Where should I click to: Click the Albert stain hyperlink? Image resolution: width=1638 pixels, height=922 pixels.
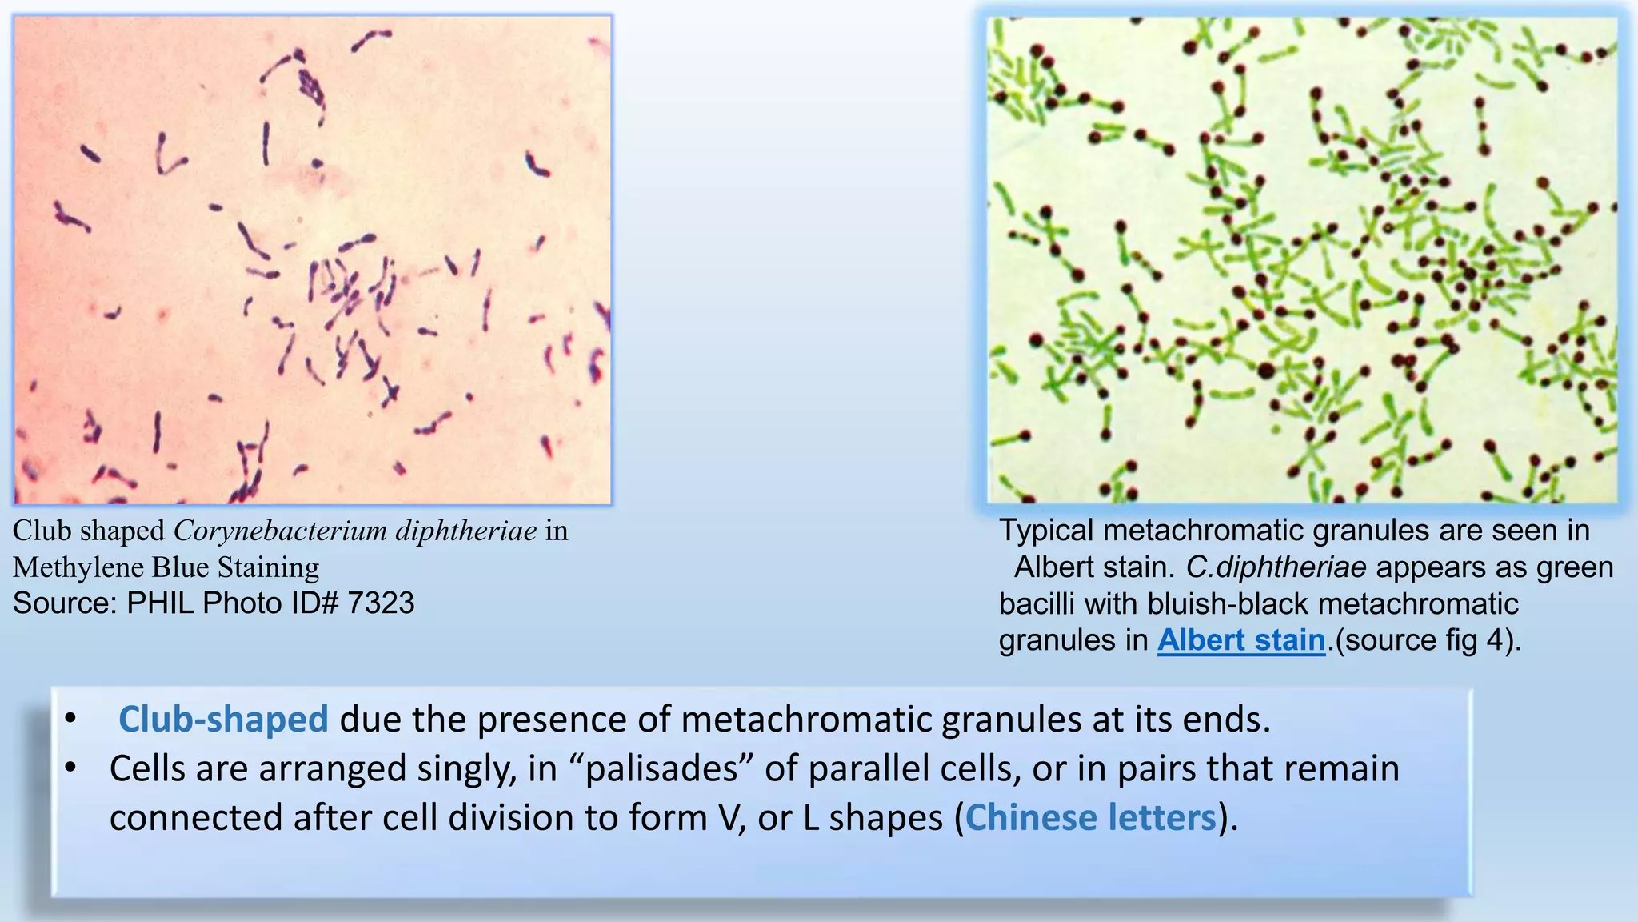coord(1240,640)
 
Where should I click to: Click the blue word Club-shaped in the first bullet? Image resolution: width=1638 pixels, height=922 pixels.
coord(223,719)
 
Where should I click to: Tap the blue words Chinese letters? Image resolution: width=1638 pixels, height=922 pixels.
coord(1091,817)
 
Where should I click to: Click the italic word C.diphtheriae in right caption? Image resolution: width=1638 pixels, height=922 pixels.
coord(1276,567)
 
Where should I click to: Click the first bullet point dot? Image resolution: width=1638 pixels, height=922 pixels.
coord(71,718)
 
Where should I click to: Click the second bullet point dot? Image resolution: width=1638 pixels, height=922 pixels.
coord(71,768)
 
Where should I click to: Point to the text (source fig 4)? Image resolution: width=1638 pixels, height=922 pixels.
coord(1428,640)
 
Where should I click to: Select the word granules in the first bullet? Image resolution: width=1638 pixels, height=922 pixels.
coord(1008,719)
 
